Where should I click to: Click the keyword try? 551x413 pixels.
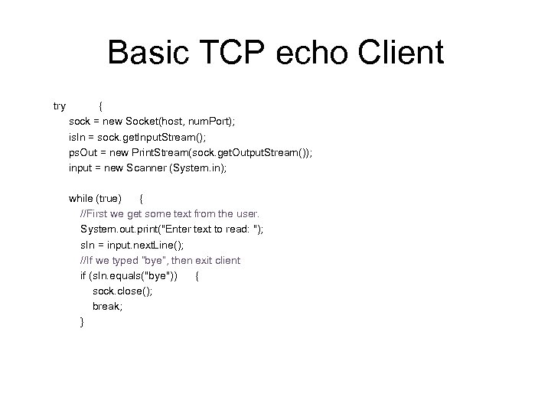coord(59,106)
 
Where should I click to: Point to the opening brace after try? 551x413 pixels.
coord(102,106)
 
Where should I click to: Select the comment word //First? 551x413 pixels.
coord(96,214)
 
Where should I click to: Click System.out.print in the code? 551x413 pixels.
coord(121,229)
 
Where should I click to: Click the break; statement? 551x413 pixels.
coord(107,307)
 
